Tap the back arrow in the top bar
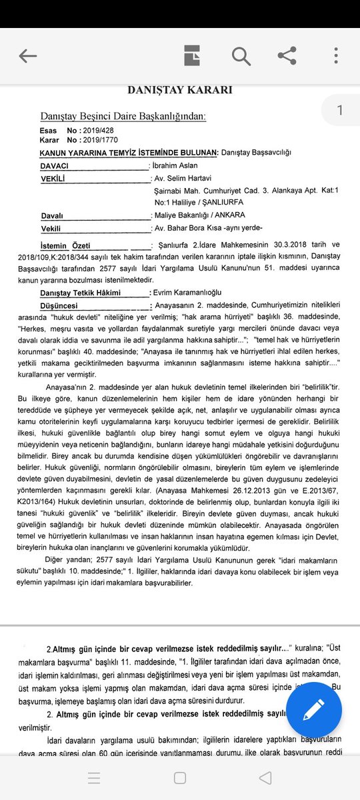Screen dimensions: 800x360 point(27,56)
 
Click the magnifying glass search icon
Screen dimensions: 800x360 point(241,56)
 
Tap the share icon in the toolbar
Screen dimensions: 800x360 point(287,56)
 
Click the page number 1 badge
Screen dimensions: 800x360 point(340,111)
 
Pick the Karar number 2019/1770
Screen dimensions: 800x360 point(100,140)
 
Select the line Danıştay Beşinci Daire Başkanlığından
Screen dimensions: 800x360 point(123,117)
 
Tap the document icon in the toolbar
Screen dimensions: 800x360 point(193,56)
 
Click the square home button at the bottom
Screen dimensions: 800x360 point(179,777)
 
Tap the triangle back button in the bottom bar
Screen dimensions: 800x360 point(265,777)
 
